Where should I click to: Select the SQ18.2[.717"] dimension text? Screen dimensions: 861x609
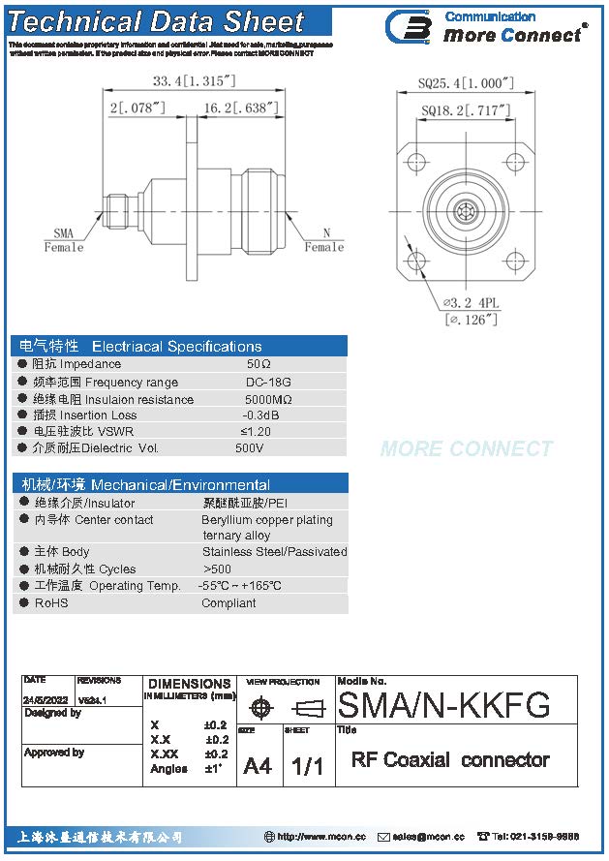pyautogui.click(x=466, y=111)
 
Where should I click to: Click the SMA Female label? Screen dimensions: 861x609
pyautogui.click(x=64, y=240)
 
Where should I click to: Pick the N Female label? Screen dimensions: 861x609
pyautogui.click(x=324, y=240)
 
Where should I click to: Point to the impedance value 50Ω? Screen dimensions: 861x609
pyautogui.click(x=259, y=364)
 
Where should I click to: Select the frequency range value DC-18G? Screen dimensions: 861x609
pyautogui.click(x=268, y=383)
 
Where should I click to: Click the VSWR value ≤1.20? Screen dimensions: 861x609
pyautogui.click(x=256, y=431)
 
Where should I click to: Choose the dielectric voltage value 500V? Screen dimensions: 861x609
pyautogui.click(x=250, y=448)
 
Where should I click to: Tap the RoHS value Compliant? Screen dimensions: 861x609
pyautogui.click(x=228, y=603)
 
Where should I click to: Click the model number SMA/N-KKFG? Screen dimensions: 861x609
pyautogui.click(x=443, y=704)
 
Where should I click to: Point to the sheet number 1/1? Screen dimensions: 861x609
pyautogui.click(x=307, y=766)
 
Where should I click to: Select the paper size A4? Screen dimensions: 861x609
pyautogui.click(x=258, y=766)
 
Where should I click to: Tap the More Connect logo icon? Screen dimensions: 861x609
pyautogui.click(x=408, y=26)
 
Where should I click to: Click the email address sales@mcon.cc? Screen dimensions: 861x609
pyautogui.click(x=429, y=836)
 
